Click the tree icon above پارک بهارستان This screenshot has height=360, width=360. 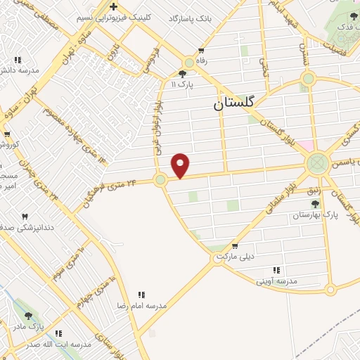click(314, 204)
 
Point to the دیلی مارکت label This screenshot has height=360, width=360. click(233, 257)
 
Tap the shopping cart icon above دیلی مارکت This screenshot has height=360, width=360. click(234, 246)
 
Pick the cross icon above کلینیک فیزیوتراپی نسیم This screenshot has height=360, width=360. click(113, 7)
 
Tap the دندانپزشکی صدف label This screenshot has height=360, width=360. click(16, 227)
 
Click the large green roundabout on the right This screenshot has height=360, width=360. click(316, 165)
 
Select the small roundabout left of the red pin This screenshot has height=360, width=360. click(160, 180)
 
